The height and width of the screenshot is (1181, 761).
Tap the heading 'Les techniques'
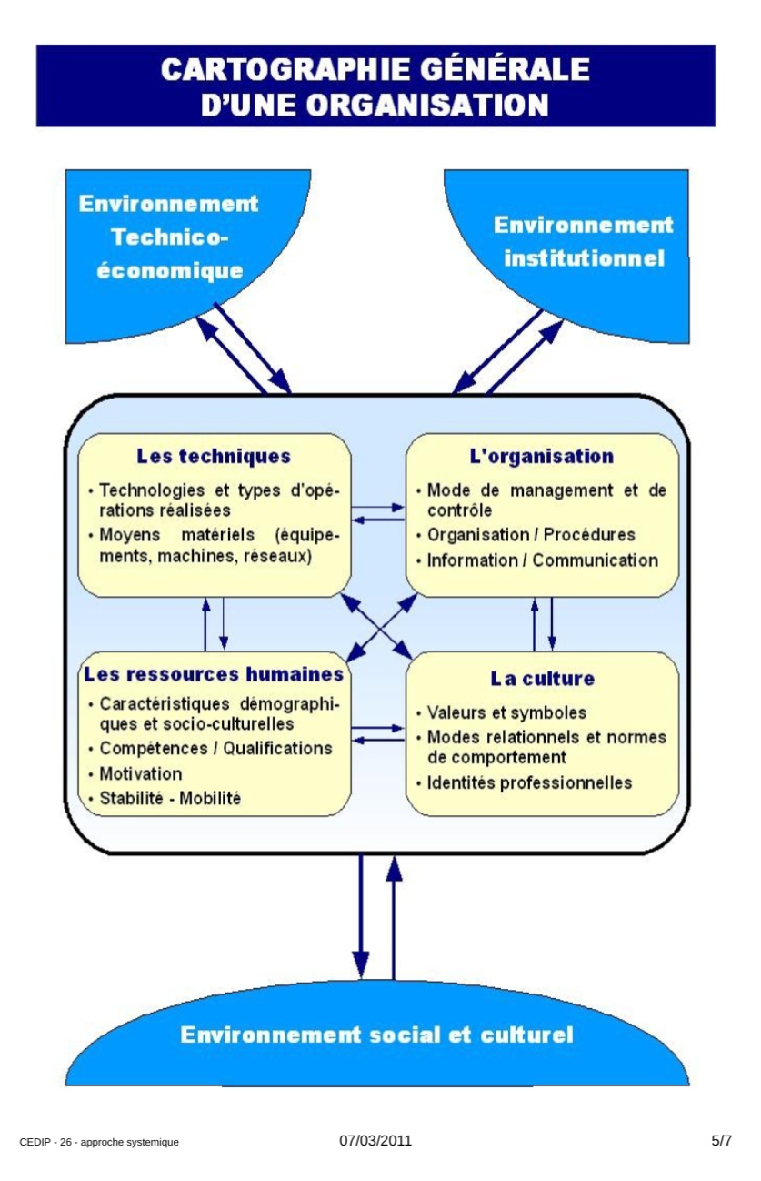coord(214,456)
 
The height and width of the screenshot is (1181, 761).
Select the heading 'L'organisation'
coord(542,457)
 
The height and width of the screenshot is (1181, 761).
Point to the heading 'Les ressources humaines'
coord(214,674)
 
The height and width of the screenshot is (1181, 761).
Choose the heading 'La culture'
coord(542,679)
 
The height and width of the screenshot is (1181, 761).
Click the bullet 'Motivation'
coord(141,774)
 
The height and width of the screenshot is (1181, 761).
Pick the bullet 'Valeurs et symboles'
coord(506,712)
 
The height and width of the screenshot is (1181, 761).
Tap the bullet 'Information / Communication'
coord(542,560)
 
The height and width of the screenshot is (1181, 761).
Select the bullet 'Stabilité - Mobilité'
coord(170,798)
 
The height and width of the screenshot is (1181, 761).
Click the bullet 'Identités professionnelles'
coord(529,782)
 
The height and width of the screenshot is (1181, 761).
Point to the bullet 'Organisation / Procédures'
coord(531,535)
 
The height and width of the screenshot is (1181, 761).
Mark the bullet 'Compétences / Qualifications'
coord(216,748)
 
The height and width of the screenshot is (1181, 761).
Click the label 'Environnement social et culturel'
coord(376,1035)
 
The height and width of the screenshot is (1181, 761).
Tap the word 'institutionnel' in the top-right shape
coord(584,258)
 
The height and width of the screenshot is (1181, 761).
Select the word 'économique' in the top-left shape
coord(170,271)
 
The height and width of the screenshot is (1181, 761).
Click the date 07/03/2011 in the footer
coord(375,1141)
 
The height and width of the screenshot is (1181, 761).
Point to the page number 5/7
coord(722,1141)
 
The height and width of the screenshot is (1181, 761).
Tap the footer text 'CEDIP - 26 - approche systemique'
coord(99,1143)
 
